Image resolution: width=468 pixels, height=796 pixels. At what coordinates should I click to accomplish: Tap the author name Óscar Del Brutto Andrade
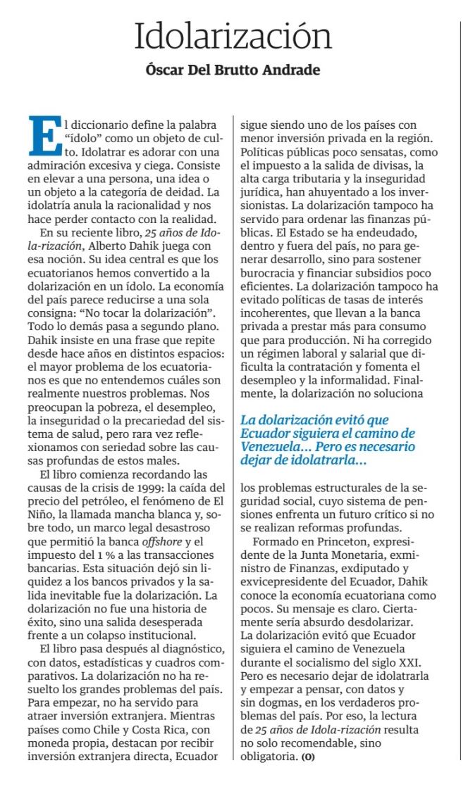pyautogui.click(x=233, y=70)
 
